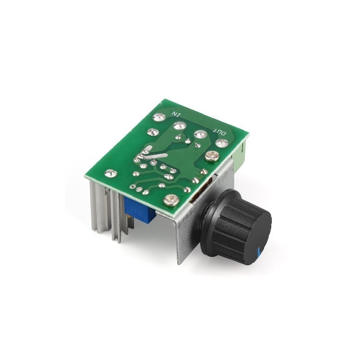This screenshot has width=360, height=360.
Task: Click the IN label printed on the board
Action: [x=175, y=113]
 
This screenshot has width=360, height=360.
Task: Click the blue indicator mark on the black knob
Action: [x=259, y=251]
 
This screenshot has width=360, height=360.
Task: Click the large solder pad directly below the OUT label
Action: [x=221, y=143]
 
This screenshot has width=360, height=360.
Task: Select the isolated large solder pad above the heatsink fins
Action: [x=111, y=174]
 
